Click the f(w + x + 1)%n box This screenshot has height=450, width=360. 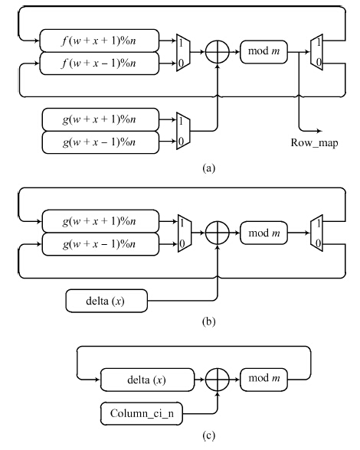click(x=99, y=41)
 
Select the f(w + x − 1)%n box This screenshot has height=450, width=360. click(x=99, y=64)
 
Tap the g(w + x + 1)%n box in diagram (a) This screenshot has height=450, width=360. click(x=100, y=119)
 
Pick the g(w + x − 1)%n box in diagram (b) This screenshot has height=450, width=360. click(x=100, y=244)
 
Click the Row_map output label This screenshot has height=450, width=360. click(x=314, y=142)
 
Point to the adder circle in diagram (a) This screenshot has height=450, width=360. click(x=218, y=52)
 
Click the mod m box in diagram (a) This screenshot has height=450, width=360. click(x=263, y=52)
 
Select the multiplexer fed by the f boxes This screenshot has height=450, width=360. click(x=183, y=53)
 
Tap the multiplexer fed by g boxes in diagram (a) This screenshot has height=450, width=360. click(x=183, y=131)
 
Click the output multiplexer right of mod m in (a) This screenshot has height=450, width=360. click(x=316, y=52)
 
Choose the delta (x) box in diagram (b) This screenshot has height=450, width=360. click(x=106, y=301)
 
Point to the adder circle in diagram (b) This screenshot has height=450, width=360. click(x=218, y=233)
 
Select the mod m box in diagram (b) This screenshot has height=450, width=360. click(x=263, y=233)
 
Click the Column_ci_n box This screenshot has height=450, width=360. click(x=142, y=413)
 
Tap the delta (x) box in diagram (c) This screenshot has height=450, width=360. click(x=147, y=380)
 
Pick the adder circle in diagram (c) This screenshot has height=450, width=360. click(x=218, y=380)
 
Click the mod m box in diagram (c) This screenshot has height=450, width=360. click(x=263, y=379)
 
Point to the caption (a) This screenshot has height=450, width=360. click(x=208, y=168)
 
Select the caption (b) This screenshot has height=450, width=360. click(x=208, y=321)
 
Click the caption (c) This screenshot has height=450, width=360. click(x=208, y=435)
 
